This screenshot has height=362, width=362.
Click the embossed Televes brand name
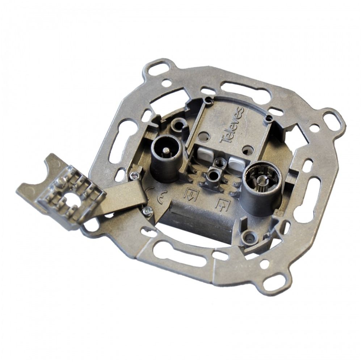point(232,125)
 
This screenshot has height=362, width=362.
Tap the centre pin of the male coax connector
point(165,151)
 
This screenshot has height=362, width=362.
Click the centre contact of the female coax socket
point(262,180)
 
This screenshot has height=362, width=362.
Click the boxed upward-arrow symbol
point(223,205)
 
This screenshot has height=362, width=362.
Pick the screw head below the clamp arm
point(147,210)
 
